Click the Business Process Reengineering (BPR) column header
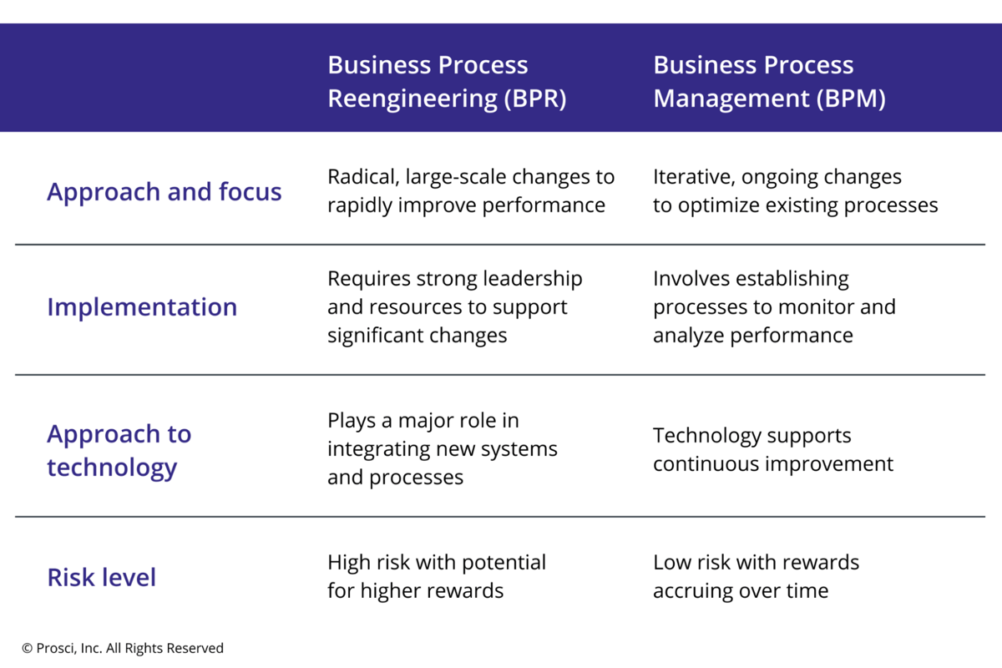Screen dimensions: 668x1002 [x=447, y=81]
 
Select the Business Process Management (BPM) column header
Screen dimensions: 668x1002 [x=768, y=81]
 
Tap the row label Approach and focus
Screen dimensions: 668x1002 [x=164, y=191]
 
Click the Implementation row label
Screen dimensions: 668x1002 [x=142, y=306]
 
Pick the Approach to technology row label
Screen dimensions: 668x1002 [x=119, y=450]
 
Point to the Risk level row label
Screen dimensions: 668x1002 [x=102, y=577]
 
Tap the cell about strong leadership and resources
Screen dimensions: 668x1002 [x=454, y=306]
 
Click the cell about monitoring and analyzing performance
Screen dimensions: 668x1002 [x=773, y=306]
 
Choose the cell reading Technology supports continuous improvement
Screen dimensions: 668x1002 [x=772, y=449]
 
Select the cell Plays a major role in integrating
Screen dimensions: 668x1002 [x=442, y=448]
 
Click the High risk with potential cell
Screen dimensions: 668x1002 [x=436, y=576]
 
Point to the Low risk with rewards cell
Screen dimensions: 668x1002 [x=756, y=576]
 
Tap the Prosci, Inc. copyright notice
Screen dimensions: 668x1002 [x=123, y=648]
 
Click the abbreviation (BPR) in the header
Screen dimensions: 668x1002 [x=535, y=99]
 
